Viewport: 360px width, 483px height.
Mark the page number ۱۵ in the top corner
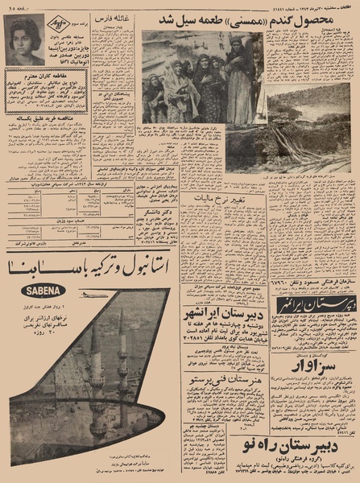14,6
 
